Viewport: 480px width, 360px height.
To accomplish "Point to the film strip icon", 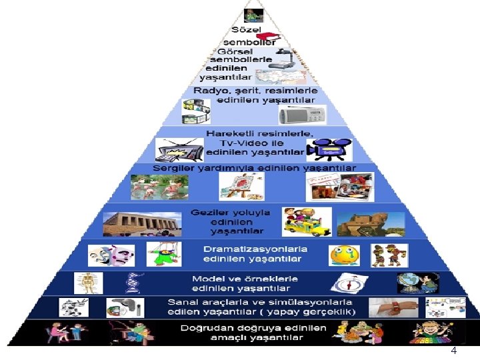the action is [197, 107].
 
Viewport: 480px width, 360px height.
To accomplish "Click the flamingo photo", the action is [155, 187].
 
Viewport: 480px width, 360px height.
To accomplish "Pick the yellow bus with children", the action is [306, 221].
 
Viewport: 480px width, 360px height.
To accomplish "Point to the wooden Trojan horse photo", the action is [370, 224].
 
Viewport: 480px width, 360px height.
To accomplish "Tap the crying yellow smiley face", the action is [345, 255].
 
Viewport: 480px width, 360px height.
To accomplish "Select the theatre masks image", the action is [111, 255].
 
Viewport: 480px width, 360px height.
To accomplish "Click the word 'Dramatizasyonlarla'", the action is [255, 249].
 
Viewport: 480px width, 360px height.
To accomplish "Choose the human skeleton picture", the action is [89, 283].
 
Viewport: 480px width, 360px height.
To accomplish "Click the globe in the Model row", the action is [409, 283].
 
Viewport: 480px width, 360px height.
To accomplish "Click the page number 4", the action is [453, 351].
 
